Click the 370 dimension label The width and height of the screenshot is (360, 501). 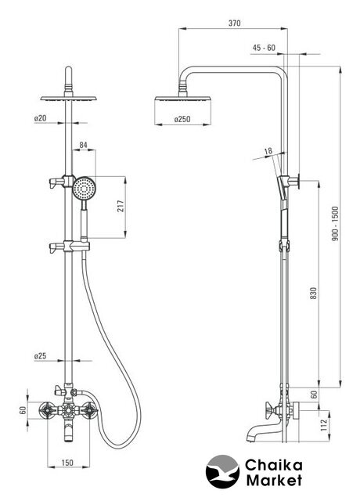[x=235, y=23]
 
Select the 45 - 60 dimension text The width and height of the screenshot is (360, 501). [x=264, y=48]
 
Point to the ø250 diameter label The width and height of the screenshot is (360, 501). [x=182, y=119]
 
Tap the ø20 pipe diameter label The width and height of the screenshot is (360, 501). [x=40, y=118]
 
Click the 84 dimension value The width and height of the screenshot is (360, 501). [x=83, y=145]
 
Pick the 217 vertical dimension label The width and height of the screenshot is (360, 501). [x=120, y=207]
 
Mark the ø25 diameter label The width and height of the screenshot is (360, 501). [x=40, y=355]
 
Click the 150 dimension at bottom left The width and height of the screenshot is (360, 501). [x=67, y=463]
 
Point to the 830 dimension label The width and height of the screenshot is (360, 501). [x=314, y=294]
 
